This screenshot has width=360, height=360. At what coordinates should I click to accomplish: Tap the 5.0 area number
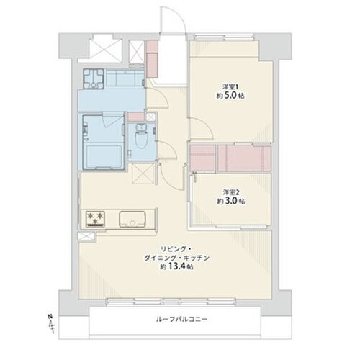pos(230,96)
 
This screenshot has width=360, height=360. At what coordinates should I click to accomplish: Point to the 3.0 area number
pos(231,201)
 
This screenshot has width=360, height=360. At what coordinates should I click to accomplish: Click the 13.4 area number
pos(178,266)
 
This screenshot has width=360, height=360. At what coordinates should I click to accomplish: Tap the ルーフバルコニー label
pos(181,320)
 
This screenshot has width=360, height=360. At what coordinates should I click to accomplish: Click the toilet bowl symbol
pos(140,136)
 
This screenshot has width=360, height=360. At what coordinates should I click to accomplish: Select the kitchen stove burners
pos(96,219)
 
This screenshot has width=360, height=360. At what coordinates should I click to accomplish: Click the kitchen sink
pos(132,219)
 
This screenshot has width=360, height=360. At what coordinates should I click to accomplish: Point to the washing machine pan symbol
pos(94,78)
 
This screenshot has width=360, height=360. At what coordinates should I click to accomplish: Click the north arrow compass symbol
pos(50,323)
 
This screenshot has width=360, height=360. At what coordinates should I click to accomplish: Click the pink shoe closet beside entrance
pos(151,59)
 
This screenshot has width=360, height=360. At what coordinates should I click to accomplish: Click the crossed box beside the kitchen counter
pos(86,236)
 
